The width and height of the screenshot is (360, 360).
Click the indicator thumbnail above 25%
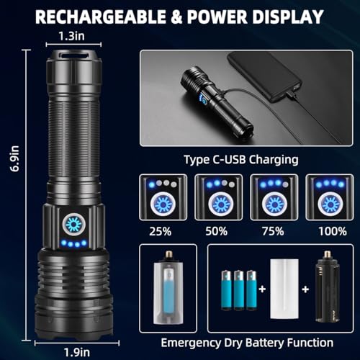tap(162, 196)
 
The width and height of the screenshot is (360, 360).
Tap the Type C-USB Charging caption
tap(240, 160)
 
